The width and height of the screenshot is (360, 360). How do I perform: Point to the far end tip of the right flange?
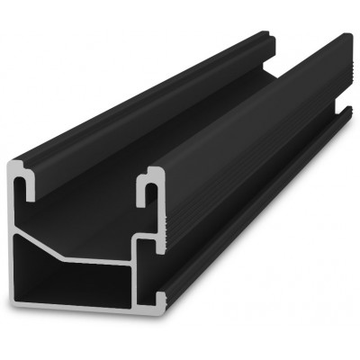[x=346, y=40]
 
